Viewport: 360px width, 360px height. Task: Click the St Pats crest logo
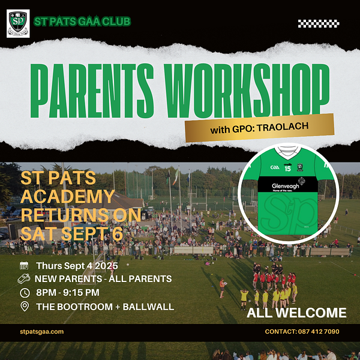18,23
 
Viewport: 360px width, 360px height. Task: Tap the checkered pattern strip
319,23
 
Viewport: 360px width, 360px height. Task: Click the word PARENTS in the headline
92,91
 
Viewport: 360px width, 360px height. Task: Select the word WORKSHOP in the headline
247,91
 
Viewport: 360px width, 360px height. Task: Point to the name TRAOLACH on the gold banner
283,127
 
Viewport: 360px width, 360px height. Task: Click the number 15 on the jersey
287,169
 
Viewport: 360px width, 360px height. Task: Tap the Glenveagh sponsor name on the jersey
286,186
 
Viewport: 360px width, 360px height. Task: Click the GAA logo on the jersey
275,167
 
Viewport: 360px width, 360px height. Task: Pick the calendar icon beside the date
24,265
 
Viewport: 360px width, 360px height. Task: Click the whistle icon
24,278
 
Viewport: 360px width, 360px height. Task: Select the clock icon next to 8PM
25,293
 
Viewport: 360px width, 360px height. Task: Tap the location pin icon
25,307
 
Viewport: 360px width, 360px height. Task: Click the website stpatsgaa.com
42,332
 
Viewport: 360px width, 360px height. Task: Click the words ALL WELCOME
296,313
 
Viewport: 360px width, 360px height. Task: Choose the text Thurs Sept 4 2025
77,266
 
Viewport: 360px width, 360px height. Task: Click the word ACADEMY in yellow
68,197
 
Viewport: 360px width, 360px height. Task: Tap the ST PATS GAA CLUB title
82,22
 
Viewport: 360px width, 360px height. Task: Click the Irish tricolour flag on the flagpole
175,177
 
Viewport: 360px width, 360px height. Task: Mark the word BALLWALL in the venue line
148,307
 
